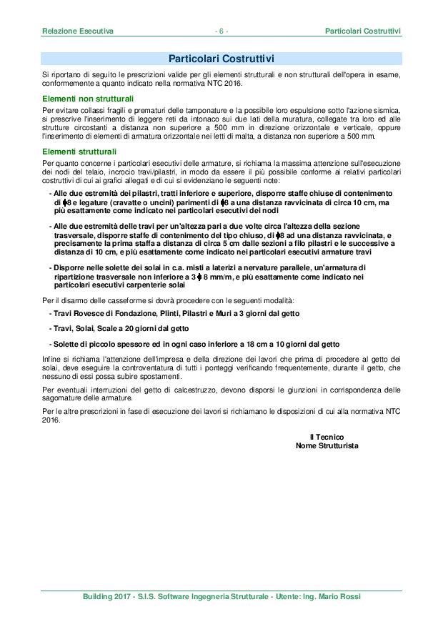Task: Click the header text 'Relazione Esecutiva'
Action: tap(78, 31)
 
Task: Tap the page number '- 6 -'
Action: tap(221, 31)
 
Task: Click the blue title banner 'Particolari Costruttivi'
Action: tap(221, 58)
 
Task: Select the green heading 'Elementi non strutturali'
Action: tap(88, 97)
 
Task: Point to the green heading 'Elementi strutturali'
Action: tap(79, 152)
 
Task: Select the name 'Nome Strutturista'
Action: tap(327, 445)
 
